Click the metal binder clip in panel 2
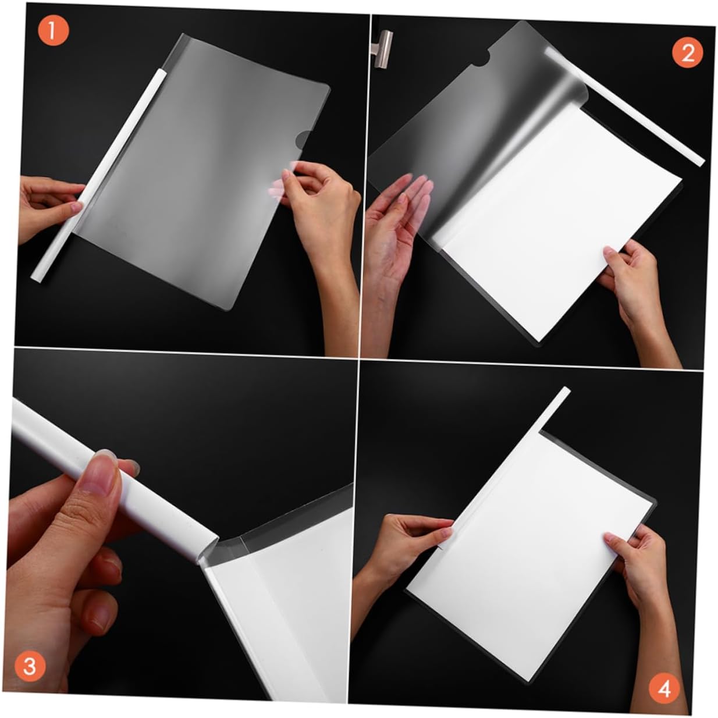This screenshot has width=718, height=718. click(x=383, y=48)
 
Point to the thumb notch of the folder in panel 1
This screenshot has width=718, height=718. click(x=302, y=138)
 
